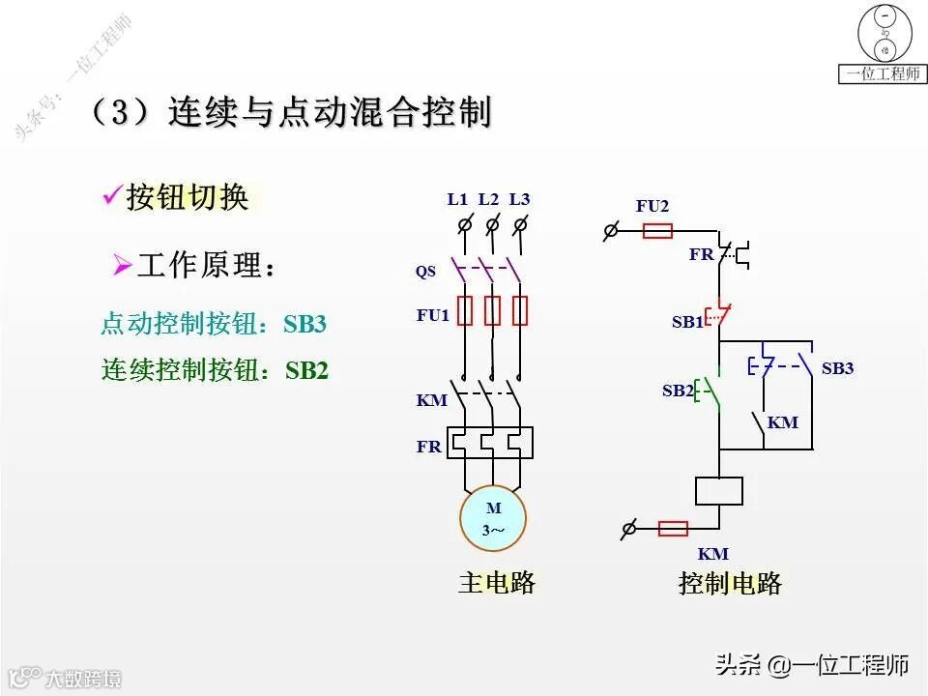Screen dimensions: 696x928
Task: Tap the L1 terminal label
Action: tap(457, 199)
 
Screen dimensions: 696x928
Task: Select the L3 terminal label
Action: tap(519, 199)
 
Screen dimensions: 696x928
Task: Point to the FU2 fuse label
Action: tap(652, 206)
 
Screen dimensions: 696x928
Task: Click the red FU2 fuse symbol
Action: tap(658, 231)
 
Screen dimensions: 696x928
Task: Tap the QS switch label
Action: tap(425, 272)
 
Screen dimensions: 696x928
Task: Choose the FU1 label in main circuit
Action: tap(433, 315)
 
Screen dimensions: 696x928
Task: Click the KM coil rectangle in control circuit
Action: tap(718, 490)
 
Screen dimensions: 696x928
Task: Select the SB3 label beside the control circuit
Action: tap(837, 368)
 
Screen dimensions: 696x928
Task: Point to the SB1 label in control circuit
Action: tap(686, 323)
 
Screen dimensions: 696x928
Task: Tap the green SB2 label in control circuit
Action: tap(678, 391)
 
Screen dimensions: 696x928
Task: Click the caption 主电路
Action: tap(496, 583)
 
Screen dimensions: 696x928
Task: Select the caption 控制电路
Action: tap(730, 583)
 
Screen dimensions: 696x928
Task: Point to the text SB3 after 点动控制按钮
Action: tap(304, 324)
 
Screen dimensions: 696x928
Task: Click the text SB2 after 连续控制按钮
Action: tap(306, 370)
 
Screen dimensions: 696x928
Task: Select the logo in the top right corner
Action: tap(884, 43)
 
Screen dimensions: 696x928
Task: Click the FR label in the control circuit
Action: tap(701, 255)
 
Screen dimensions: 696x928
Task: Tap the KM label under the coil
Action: tap(712, 554)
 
